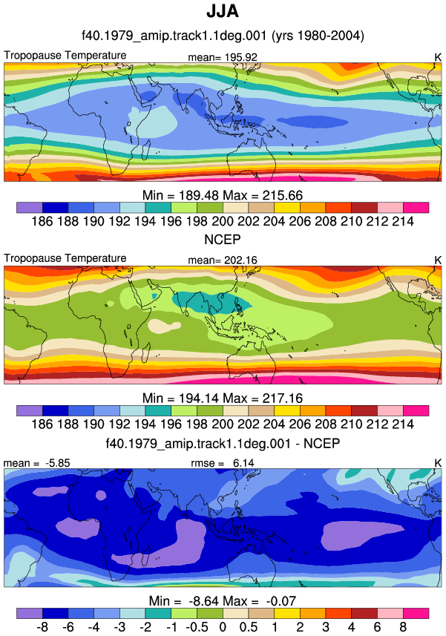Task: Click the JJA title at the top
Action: tap(223, 11)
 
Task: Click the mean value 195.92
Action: tap(241, 57)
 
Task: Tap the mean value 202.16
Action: tap(241, 260)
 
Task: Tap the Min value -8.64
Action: tap(202, 600)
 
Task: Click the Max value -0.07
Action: tap(281, 600)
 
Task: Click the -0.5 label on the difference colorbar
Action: tap(197, 627)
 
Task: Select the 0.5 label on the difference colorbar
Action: tap(248, 627)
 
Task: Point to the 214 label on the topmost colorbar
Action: tap(403, 221)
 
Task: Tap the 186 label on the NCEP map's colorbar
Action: tap(42, 424)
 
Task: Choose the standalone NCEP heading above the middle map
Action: tap(223, 239)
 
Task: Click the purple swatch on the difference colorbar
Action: tap(30, 613)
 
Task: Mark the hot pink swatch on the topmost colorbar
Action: tap(416, 208)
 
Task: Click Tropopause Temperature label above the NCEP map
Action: tap(65, 258)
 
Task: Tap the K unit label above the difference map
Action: tap(438, 463)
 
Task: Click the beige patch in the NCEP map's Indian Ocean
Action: tap(163, 326)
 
